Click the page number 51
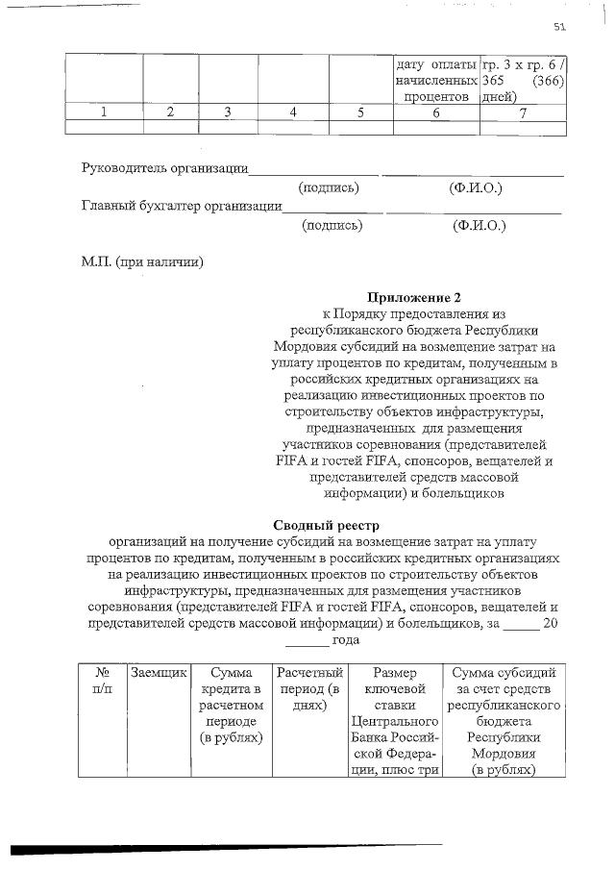(x=561, y=26)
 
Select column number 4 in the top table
(x=293, y=112)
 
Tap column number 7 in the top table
(x=523, y=112)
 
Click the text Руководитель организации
(x=165, y=169)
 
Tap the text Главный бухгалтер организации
(x=182, y=205)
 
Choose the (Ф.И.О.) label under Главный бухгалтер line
(x=479, y=226)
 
